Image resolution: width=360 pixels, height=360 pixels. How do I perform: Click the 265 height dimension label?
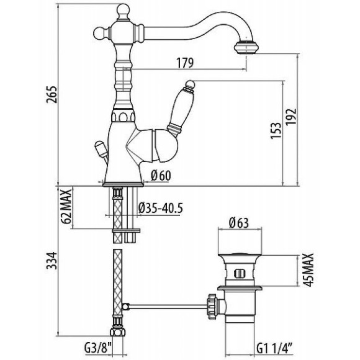coord(51,94)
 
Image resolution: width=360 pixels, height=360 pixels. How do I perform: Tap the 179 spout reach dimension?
coord(185,63)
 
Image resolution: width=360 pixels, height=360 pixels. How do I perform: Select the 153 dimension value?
coord(276,131)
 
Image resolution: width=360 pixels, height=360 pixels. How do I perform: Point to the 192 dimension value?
coord(291,117)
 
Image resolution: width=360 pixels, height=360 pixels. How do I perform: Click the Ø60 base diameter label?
coord(161,176)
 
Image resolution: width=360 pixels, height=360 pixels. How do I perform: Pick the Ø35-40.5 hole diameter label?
coord(161,209)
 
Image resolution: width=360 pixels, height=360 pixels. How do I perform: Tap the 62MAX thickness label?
coord(66,207)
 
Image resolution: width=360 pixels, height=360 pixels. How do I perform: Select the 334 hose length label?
coord(51,260)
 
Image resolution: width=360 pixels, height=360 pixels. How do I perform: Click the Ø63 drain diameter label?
coord(239,223)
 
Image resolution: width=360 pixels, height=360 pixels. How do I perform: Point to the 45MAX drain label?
coord(308,270)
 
